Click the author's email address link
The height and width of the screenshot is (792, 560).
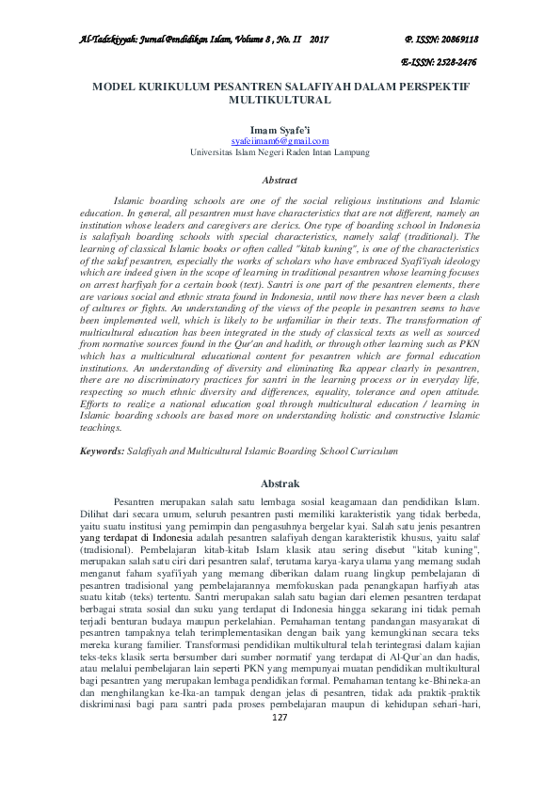pos(280,139)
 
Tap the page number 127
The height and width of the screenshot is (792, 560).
pos(279,770)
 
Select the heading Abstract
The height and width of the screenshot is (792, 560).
pos(280,180)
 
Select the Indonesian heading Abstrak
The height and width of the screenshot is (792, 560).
pos(280,483)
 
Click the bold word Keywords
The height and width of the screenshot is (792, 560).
pos(102,452)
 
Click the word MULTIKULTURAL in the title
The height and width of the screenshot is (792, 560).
pos(280,98)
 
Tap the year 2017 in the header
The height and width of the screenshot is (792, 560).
pos(318,40)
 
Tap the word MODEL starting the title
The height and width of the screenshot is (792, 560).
pos(111,85)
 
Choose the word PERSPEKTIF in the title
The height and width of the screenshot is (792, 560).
pos(431,85)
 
